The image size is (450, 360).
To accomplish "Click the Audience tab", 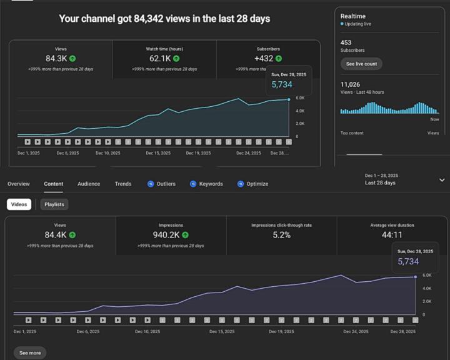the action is pos(89,184).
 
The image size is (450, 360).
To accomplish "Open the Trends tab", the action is pos(123,184).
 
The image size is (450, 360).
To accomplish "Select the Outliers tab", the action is pos(161,184).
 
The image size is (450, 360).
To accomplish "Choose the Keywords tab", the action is pos(206,184).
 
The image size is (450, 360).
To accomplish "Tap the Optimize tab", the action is pos(253,184).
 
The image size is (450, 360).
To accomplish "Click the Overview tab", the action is pos(19,184).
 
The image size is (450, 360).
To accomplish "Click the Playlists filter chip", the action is pos(54,204).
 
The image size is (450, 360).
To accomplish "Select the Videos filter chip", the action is pos(19,204).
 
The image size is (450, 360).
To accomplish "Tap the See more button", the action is pos(30,353).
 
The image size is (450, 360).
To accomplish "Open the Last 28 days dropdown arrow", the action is pos(442,180).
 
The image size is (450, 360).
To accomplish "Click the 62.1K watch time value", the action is pos(160,59).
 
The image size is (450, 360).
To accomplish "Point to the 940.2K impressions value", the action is pos(166,235).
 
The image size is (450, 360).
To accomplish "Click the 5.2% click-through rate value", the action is pos(281,235).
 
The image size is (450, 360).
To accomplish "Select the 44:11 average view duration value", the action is pos(392,235).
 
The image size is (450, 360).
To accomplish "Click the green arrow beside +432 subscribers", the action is pos(279,59).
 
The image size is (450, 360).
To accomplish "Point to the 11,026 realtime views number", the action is pos(350,84).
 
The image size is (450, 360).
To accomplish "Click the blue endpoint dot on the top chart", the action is pos(289,99).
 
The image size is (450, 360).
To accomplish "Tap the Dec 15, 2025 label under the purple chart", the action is pos(222,332).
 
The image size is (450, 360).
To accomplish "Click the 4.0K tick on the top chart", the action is pos(300,111).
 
